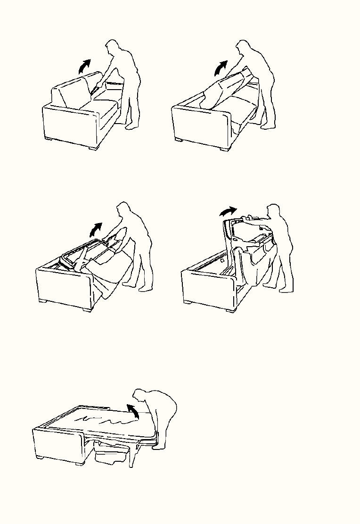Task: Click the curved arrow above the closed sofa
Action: tap(85, 65)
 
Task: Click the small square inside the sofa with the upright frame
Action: tap(221, 260)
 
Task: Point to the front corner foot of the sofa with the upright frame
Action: tap(231, 309)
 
